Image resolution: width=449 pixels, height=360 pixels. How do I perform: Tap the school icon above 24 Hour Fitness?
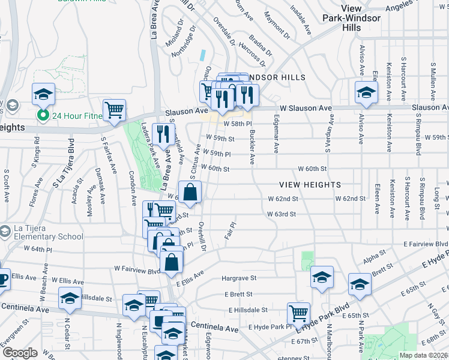[43, 94]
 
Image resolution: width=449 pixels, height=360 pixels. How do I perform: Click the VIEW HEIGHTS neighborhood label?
[309, 185]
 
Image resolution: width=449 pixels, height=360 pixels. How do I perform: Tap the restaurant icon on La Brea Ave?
[163, 134]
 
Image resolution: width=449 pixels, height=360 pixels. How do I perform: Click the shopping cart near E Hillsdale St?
[298, 313]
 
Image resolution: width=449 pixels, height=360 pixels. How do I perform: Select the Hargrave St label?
[239, 278]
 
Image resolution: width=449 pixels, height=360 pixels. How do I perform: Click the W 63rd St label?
[282, 214]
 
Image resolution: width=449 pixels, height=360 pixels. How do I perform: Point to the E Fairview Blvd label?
[426, 244]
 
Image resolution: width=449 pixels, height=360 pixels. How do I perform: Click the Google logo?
[20, 353]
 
